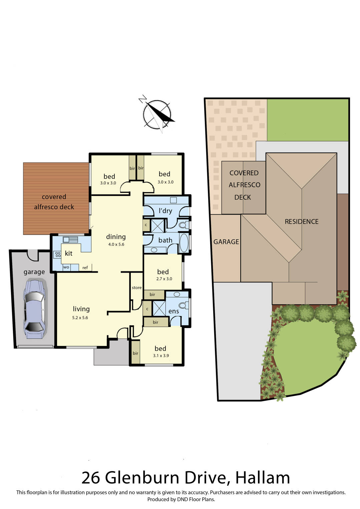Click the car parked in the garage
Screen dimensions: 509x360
pos(34,309)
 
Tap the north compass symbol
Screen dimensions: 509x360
pos(157,114)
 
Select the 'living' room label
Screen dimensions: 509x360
pos(81,309)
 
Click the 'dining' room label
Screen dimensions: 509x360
pos(116,237)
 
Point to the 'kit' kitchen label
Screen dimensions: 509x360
pos(68,253)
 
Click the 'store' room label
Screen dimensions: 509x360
pos(136,288)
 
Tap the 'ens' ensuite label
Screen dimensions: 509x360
pos(173,311)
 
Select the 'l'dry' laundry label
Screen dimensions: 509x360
pos(165,211)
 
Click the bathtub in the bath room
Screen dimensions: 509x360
pos(184,243)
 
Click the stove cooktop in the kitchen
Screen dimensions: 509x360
pos(58,255)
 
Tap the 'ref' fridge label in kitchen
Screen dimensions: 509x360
pos(85,268)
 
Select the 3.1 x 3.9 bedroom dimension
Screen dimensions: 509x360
pos(161,356)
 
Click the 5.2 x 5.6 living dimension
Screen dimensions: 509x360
pos(80,318)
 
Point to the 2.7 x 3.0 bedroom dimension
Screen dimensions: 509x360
pos(164,279)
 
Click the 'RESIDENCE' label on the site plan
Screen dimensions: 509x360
pos(301,222)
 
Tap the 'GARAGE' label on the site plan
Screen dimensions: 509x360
pos(226,242)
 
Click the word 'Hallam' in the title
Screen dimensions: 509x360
pos(263,478)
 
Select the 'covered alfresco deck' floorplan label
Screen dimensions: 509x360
pos(54,202)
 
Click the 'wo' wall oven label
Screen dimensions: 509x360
pos(66,267)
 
